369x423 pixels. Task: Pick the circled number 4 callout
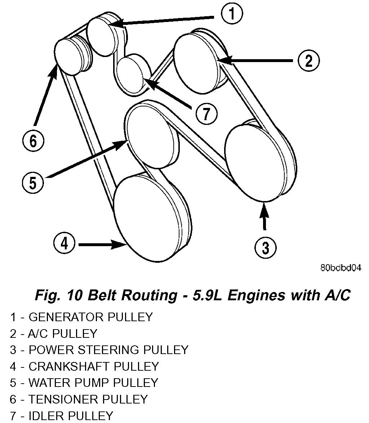pyautogui.click(x=64, y=244)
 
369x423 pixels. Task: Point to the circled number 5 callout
pyautogui.click(x=33, y=182)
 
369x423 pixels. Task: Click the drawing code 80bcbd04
pyautogui.click(x=340, y=268)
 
